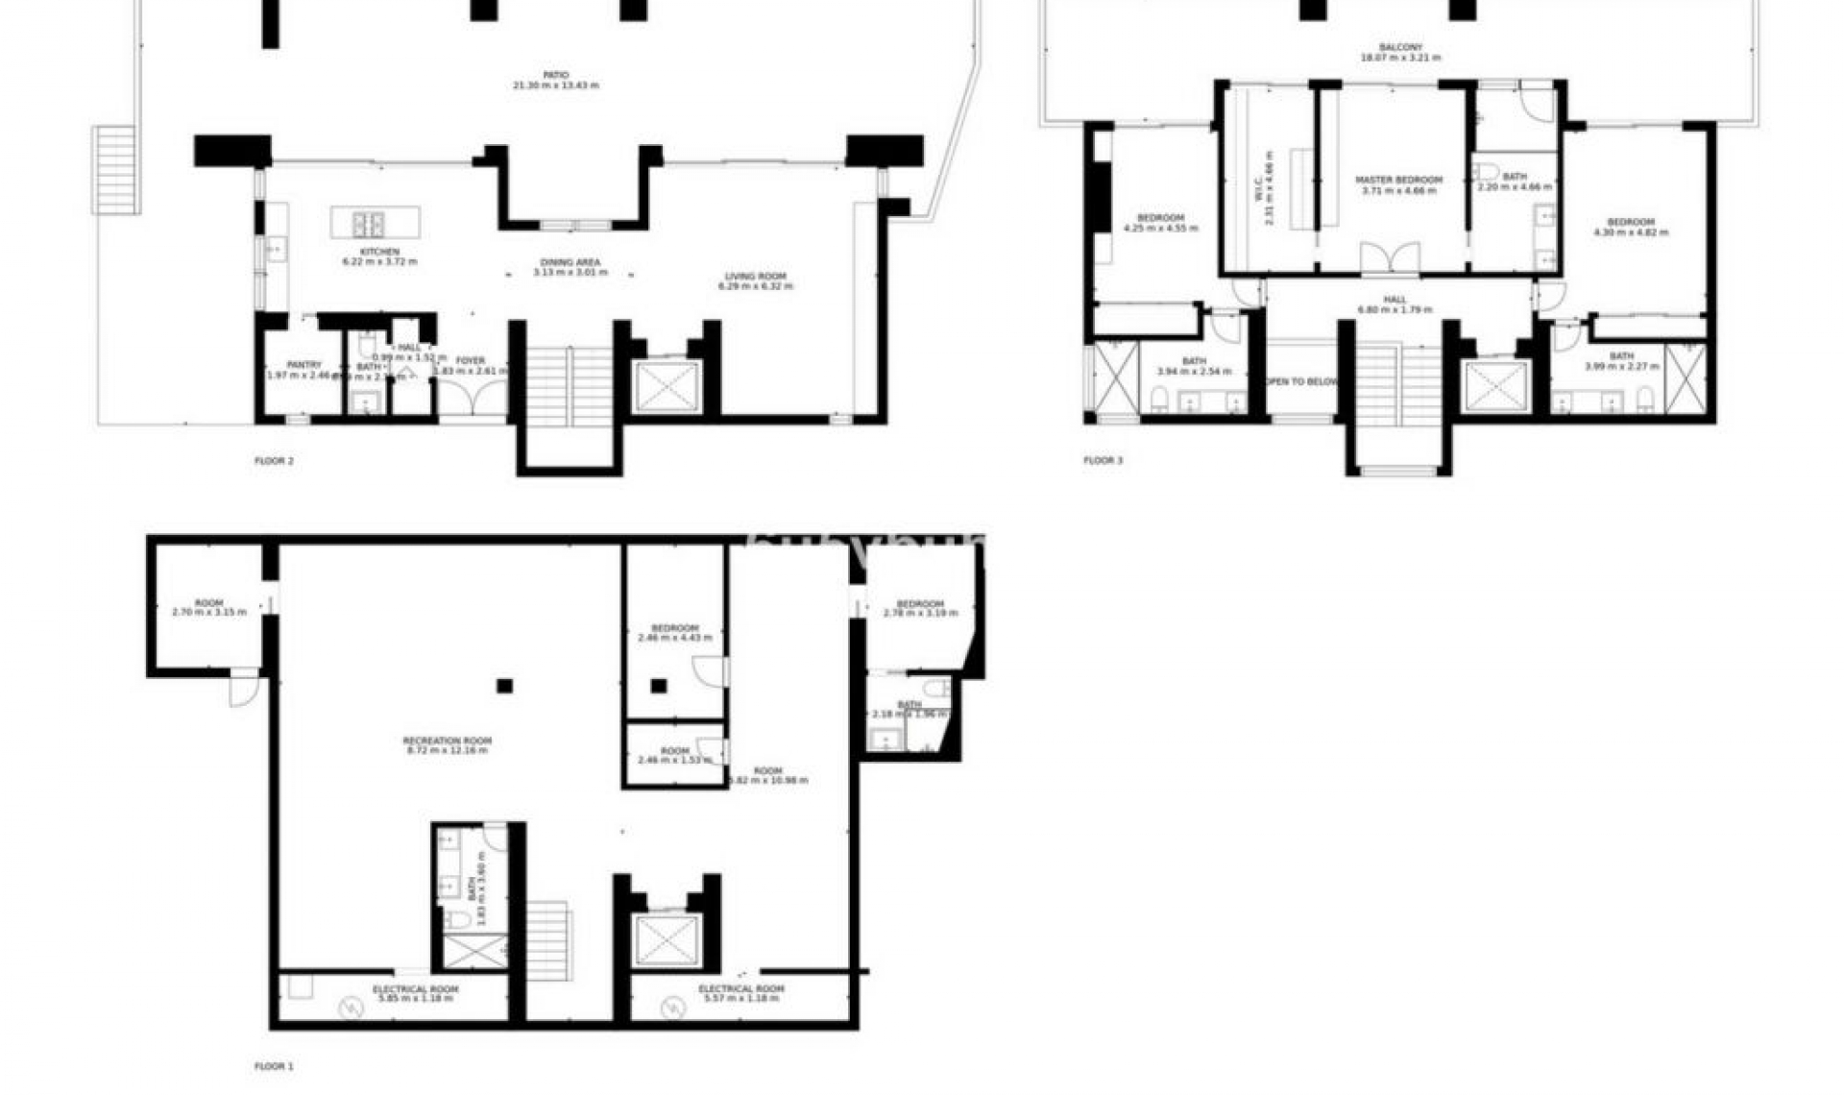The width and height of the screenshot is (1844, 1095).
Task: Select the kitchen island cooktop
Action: coord(370,224)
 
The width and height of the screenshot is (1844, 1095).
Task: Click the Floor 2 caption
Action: coord(274,461)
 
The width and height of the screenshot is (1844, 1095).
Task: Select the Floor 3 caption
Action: coord(1103,461)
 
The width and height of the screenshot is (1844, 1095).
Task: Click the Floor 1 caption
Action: coord(274,1066)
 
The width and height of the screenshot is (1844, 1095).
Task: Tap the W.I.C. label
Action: coord(1269,188)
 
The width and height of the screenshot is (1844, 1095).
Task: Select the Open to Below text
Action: coord(1301,382)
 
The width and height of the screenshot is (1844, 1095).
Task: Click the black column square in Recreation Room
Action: coord(504,686)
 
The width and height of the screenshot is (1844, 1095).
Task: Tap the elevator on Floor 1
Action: coord(667,940)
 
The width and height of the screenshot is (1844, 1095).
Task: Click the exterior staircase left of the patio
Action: coord(116,170)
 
